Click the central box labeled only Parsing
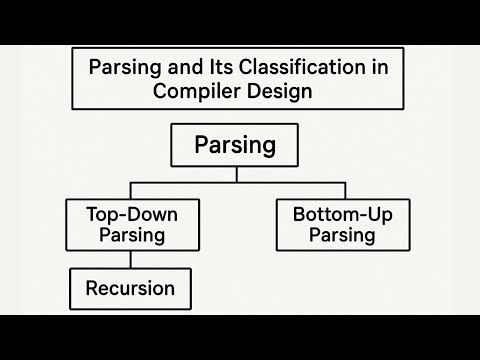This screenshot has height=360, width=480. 235,145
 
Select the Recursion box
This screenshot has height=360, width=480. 129,289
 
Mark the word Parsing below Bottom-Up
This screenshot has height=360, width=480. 342,236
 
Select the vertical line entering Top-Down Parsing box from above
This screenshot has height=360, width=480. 129,191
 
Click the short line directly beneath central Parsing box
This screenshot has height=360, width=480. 236,174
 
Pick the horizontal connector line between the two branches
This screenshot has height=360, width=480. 236,183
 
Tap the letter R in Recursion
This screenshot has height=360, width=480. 91,289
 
